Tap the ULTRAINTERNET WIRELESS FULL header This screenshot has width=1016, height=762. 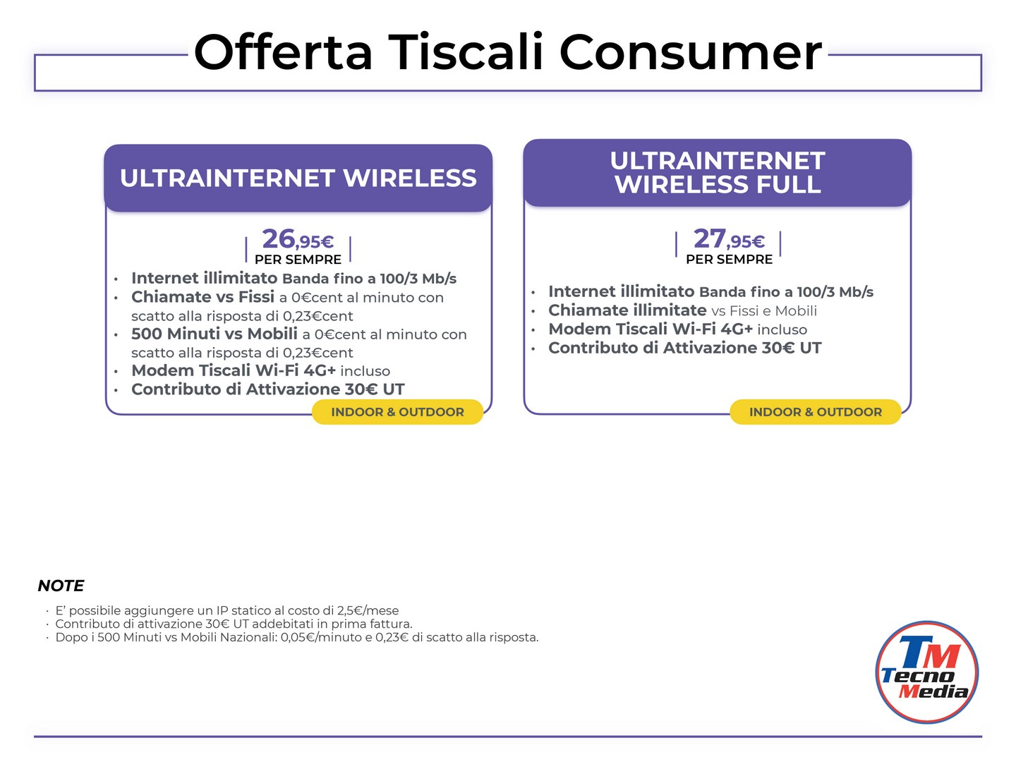pyautogui.click(x=717, y=173)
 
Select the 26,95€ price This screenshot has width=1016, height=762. pyautogui.click(x=298, y=239)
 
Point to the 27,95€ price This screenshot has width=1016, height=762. pyautogui.click(x=729, y=238)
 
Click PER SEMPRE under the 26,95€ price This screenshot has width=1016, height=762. pyautogui.click(x=298, y=260)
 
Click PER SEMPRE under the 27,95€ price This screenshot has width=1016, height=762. pyautogui.click(x=729, y=259)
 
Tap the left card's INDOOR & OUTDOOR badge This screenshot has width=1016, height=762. pyautogui.click(x=397, y=412)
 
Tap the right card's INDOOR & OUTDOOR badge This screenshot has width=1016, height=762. pyautogui.click(x=815, y=412)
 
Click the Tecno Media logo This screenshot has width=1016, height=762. pyautogui.click(x=926, y=672)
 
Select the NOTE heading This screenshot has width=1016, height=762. pyautogui.click(x=61, y=586)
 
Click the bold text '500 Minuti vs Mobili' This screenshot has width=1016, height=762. pyautogui.click(x=214, y=334)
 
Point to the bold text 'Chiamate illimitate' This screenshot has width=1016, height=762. pyautogui.click(x=627, y=310)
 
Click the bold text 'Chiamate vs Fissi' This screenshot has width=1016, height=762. pyautogui.click(x=202, y=297)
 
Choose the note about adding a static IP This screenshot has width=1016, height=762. pyautogui.click(x=226, y=611)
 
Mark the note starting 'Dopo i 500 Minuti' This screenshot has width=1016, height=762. pyautogui.click(x=297, y=638)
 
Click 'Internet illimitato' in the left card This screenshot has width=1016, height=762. pyautogui.click(x=204, y=278)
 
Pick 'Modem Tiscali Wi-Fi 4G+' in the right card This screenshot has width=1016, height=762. pyautogui.click(x=651, y=329)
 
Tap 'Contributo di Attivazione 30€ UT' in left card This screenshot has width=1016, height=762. pyautogui.click(x=268, y=389)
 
